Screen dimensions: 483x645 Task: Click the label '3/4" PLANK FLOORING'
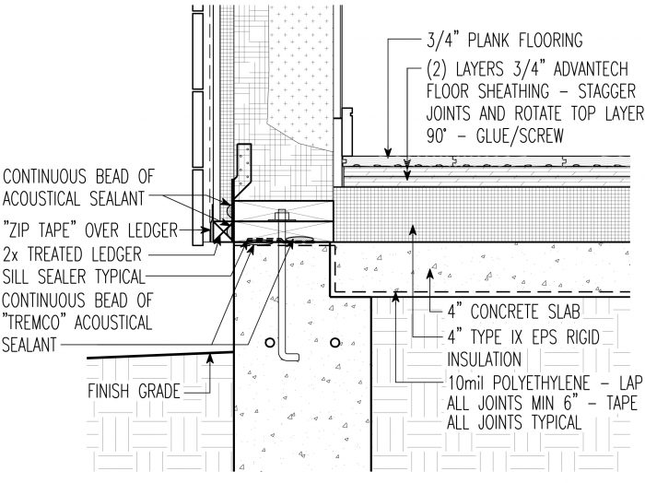(506, 40)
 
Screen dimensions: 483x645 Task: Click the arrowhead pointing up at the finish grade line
(211, 359)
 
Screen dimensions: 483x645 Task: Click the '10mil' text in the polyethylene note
(450, 380)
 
